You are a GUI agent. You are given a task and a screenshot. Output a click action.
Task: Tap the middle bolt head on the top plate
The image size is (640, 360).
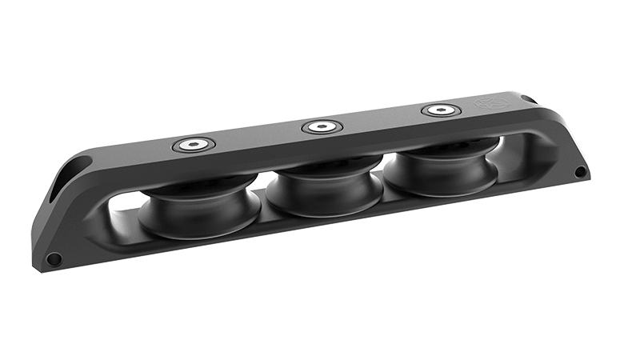coord(320,126)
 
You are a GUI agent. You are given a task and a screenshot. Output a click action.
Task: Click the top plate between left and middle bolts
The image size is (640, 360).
coord(256,137)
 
